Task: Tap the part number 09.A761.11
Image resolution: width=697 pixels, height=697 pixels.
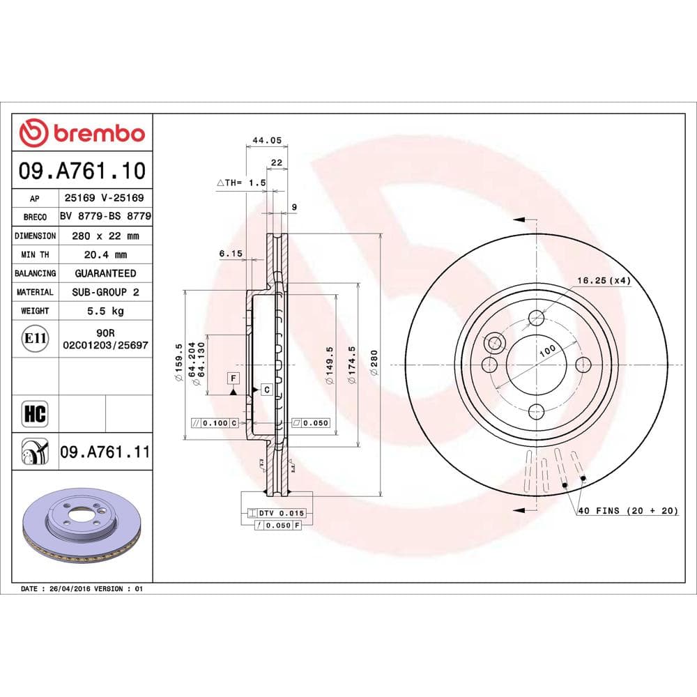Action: [x=105, y=452]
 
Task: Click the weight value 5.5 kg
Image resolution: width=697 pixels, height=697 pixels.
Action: [x=106, y=311]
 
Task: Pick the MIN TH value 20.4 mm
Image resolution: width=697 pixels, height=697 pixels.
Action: [x=106, y=254]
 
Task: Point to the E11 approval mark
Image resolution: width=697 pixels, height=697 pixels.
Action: [x=34, y=339]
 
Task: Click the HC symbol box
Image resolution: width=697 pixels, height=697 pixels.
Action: [x=34, y=413]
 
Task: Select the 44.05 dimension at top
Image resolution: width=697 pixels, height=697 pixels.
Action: [x=266, y=140]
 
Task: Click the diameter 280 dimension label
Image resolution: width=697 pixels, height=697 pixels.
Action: [x=374, y=363]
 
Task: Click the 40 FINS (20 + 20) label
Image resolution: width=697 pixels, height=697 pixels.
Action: [x=627, y=511]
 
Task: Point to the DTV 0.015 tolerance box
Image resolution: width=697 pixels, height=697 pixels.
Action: [x=277, y=513]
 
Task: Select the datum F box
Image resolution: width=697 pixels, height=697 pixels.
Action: [x=233, y=378]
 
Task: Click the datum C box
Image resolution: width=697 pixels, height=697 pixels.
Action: [x=266, y=390]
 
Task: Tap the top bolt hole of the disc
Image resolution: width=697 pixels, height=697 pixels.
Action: [x=536, y=319]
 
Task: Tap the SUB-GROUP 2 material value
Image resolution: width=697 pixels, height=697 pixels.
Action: [x=106, y=292]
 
